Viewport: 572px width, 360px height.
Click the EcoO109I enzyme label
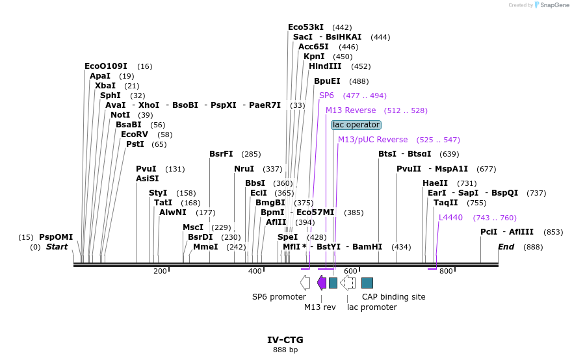click(105, 66)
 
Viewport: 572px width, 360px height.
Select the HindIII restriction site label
click(325, 66)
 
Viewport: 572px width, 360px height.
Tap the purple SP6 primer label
click(326, 96)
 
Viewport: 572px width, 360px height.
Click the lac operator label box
click(356, 125)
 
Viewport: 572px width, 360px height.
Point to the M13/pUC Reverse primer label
click(372, 140)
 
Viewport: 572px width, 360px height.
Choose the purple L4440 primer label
click(450, 218)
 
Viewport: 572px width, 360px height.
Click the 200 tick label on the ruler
click(160, 271)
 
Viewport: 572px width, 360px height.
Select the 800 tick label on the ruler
click(446, 271)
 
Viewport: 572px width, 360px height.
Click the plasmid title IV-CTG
click(285, 340)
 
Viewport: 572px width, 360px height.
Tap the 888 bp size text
click(285, 350)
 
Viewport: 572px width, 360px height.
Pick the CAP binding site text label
click(393, 297)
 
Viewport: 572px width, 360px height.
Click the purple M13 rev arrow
click(322, 282)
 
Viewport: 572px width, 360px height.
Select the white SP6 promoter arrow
click(305, 282)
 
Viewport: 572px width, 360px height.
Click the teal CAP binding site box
click(367, 282)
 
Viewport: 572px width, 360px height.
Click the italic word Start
click(57, 247)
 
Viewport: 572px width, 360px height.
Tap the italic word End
click(506, 247)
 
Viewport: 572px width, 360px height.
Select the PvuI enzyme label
click(146, 169)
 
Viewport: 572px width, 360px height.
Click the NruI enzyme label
click(244, 169)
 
